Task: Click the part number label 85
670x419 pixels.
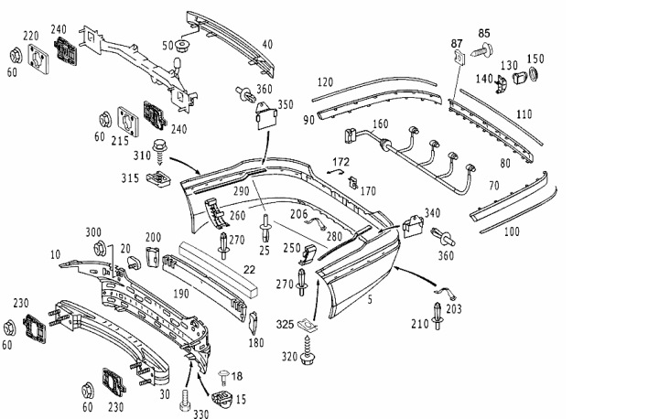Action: (484, 33)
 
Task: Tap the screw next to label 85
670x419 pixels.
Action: (481, 50)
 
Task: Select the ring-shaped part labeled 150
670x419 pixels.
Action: (535, 74)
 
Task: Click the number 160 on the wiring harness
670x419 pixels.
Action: (380, 124)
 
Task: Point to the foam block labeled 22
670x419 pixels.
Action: (218, 268)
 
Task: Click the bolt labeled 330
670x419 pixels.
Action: (186, 400)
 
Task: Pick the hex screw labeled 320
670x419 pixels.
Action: (308, 350)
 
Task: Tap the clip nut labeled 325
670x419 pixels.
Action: (308, 325)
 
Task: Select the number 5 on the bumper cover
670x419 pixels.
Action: (370, 299)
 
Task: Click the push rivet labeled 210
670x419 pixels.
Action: (438, 316)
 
